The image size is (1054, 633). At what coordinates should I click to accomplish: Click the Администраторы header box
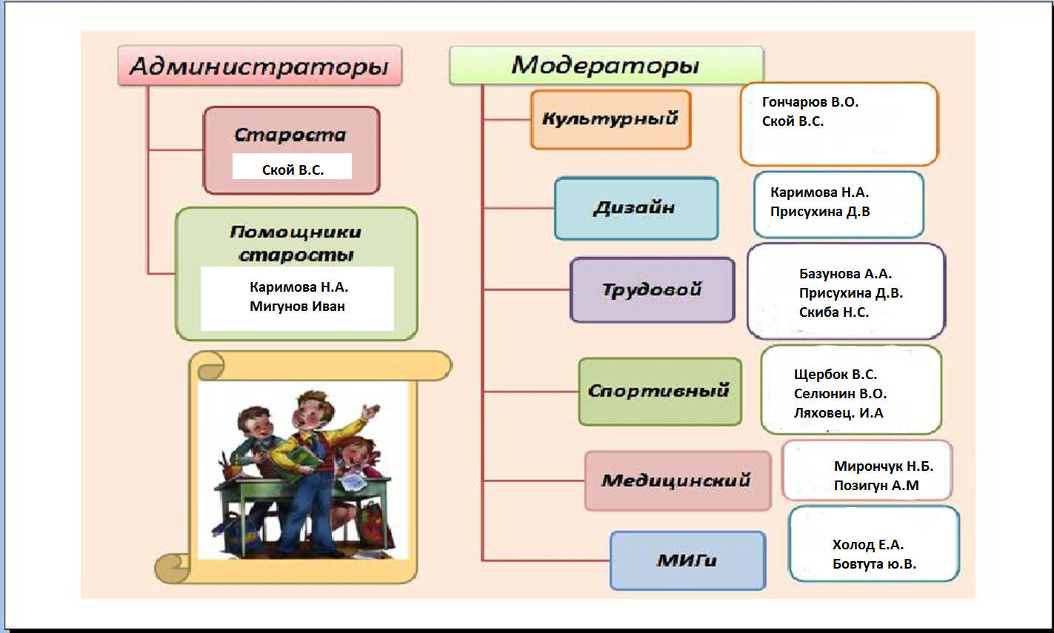tap(259, 67)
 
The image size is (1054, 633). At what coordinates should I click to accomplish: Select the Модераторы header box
tap(605, 65)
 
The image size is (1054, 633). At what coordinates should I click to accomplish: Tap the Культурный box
tap(610, 119)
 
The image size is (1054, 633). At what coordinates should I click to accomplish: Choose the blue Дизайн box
tap(636, 208)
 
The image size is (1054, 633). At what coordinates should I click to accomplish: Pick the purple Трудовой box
tap(652, 289)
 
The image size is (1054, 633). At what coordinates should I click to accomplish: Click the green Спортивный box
tap(659, 391)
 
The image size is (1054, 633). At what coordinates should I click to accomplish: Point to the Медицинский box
tap(676, 480)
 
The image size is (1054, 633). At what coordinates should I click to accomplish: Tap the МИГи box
tap(687, 560)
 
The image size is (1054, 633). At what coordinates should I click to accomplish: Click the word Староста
tap(290, 135)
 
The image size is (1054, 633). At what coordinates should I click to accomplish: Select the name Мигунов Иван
tap(297, 307)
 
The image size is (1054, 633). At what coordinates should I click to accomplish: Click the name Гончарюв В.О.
tap(810, 102)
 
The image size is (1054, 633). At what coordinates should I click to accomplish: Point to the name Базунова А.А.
tap(845, 274)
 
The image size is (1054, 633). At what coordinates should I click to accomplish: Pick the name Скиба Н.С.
tap(834, 312)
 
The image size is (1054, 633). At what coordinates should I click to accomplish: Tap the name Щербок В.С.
tap(835, 375)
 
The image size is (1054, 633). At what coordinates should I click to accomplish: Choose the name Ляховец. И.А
tap(838, 413)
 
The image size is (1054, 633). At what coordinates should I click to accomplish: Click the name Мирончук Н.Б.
tap(884, 466)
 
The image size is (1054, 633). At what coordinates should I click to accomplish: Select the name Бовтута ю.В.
tap(874, 564)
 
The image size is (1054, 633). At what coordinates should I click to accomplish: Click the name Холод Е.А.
tap(868, 545)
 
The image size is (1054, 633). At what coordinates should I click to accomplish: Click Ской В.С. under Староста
tap(293, 170)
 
